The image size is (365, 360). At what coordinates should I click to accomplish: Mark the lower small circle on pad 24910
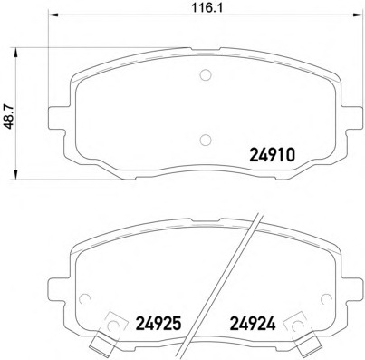tap(204, 139)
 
